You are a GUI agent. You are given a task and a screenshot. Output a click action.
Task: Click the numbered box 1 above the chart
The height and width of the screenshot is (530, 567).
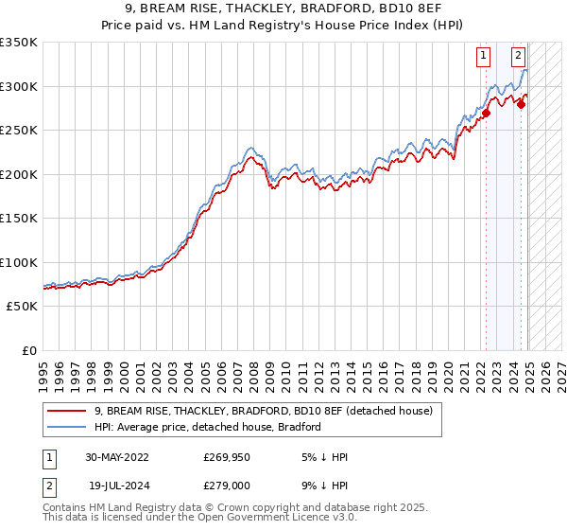(x=483, y=56)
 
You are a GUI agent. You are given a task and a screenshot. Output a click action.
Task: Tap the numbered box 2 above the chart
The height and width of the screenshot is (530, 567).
(x=519, y=56)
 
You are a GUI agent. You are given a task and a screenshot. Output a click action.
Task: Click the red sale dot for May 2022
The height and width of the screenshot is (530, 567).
(x=487, y=114)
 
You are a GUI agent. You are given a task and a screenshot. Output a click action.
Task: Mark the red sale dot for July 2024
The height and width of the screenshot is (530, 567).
(x=521, y=105)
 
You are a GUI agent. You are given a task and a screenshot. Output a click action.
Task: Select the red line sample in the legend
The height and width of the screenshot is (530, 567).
(x=66, y=411)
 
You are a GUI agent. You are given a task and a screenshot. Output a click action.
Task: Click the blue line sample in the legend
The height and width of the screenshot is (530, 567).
(x=66, y=427)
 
